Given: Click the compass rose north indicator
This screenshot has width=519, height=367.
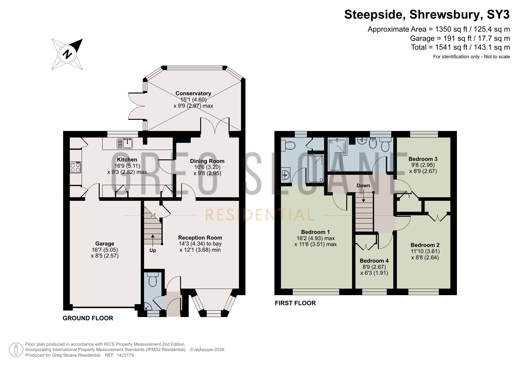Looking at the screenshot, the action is click(67, 54).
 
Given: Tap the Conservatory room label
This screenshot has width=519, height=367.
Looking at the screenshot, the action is click(193, 93).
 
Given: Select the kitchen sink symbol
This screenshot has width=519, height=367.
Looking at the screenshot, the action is click(125, 143).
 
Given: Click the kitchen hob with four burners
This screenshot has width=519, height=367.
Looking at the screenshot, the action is click(75, 167).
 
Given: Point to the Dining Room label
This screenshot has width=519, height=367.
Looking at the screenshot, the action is click(207, 161).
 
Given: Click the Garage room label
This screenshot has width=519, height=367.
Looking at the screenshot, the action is click(105, 243).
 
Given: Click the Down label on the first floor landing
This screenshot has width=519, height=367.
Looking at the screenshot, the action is click(363, 185).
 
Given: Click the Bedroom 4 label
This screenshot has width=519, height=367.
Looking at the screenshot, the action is click(374, 261).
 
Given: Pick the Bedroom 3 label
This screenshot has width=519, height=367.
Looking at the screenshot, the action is click(423, 159).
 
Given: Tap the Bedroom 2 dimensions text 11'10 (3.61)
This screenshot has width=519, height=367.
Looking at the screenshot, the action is click(425, 251).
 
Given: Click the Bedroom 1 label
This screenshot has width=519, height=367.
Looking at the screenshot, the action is click(315, 232).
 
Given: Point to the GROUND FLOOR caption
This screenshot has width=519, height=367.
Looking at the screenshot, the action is click(88, 318).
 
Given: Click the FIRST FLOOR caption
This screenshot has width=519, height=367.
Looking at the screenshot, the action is click(295, 303).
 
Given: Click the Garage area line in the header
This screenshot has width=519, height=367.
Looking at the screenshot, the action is click(460, 38).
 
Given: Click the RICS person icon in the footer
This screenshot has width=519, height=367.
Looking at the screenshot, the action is click(16, 350).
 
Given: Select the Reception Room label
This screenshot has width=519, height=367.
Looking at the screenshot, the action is click(200, 237).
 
